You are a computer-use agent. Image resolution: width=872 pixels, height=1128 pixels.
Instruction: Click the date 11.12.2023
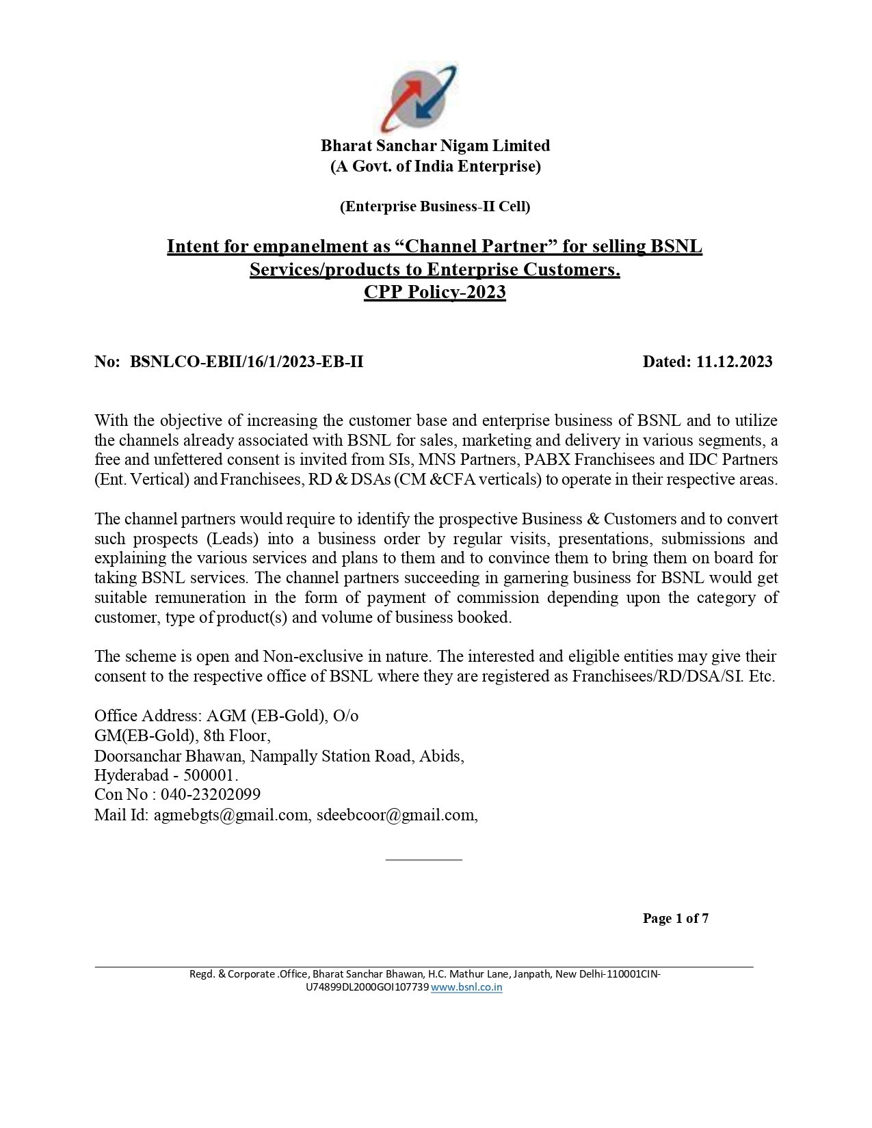735,362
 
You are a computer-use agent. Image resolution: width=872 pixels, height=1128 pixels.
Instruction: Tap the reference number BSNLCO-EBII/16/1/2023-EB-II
246,362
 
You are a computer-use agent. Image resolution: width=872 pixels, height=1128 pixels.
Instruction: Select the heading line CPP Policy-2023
434,293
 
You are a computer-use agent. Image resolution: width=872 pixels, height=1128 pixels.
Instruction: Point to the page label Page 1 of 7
675,918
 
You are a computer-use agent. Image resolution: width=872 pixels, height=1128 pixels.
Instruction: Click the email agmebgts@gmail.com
231,814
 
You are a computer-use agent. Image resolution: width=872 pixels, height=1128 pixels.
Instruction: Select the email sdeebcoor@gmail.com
395,814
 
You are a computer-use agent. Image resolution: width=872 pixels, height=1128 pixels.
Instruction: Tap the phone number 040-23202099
211,794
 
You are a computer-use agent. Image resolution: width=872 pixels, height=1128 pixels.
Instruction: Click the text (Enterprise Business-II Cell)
435,206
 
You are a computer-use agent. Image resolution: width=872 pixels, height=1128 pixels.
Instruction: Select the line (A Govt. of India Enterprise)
436,166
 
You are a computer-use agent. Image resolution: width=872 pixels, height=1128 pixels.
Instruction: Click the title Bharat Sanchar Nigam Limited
436,146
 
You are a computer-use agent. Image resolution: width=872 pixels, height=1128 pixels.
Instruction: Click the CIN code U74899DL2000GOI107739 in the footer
367,987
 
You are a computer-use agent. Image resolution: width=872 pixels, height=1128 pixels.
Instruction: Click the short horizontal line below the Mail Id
424,859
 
